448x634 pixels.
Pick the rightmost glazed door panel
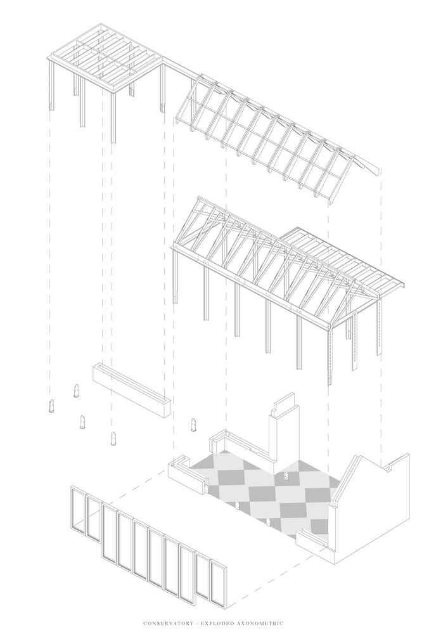pyautogui.click(x=218, y=580)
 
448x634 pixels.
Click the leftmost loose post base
pyautogui.click(x=52, y=406)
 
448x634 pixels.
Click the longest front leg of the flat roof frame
pyautogui.click(x=113, y=117)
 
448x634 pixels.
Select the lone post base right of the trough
pyautogui.click(x=194, y=425)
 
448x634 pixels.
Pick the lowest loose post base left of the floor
pyautogui.click(x=113, y=438)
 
